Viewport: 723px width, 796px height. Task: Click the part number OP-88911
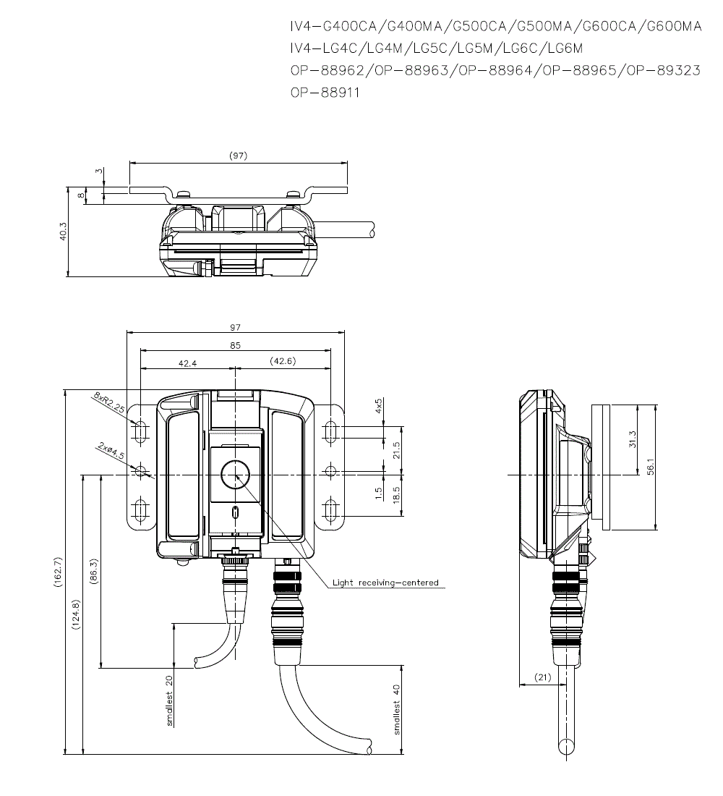pyautogui.click(x=325, y=93)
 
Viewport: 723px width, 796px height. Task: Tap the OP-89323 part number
pyautogui.click(x=663, y=71)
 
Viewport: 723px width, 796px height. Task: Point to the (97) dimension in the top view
pyautogui.click(x=238, y=156)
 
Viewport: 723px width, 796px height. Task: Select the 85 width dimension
pyautogui.click(x=235, y=345)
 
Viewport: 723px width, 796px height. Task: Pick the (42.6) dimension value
pyautogui.click(x=282, y=361)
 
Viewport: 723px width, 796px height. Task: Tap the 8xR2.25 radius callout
pyautogui.click(x=109, y=403)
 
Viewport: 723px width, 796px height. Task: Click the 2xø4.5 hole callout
pyautogui.click(x=109, y=452)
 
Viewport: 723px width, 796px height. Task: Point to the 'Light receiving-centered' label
pyautogui.click(x=385, y=582)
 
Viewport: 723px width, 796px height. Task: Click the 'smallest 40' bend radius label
pyautogui.click(x=396, y=708)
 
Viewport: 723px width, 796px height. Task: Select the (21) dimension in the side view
pyautogui.click(x=543, y=677)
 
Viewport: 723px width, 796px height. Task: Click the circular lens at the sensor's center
pyautogui.click(x=235, y=475)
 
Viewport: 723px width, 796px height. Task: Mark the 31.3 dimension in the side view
pyautogui.click(x=633, y=440)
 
